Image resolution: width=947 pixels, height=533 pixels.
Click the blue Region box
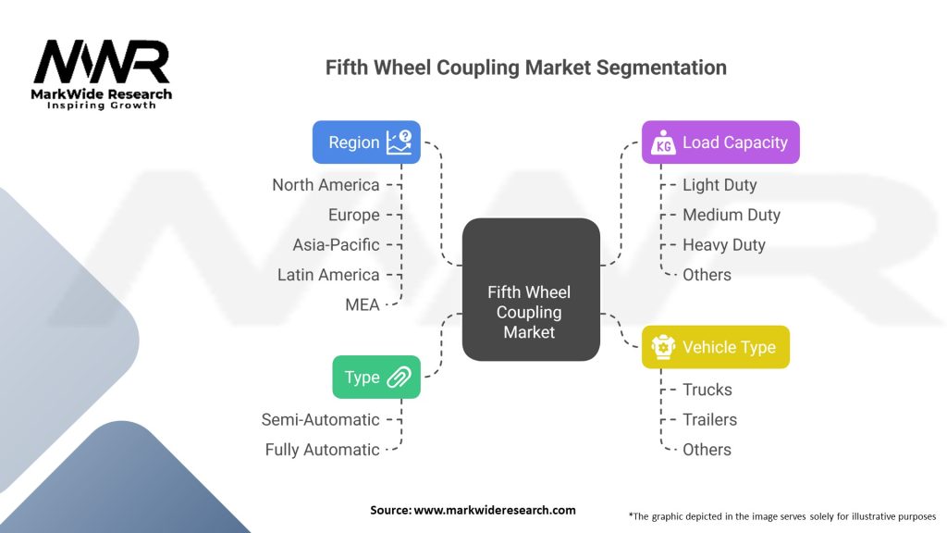pyautogui.click(x=366, y=142)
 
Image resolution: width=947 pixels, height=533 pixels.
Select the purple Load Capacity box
pyautogui.click(x=720, y=142)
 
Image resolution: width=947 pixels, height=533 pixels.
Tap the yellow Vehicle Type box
pyautogui.click(x=716, y=347)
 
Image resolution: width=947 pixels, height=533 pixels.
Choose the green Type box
pyautogui.click(x=376, y=378)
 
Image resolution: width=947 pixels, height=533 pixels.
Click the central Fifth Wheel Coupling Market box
pyautogui.click(x=531, y=290)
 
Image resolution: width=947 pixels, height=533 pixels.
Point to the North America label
pyautogui.click(x=326, y=185)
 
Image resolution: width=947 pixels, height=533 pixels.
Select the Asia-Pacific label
pyautogui.click(x=336, y=244)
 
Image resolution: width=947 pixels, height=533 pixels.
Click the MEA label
pyautogui.click(x=363, y=304)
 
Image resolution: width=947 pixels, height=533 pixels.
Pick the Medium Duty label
pyautogui.click(x=732, y=215)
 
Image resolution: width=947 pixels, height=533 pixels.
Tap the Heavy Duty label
pyautogui.click(x=724, y=244)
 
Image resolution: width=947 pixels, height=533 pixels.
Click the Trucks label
pyautogui.click(x=707, y=390)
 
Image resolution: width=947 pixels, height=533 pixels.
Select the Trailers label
pyautogui.click(x=709, y=419)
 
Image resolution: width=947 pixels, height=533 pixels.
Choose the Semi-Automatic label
pyautogui.click(x=320, y=419)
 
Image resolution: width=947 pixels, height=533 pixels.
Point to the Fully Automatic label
pyautogui.click(x=322, y=450)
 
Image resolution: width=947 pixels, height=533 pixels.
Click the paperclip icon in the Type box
pyautogui.click(x=400, y=378)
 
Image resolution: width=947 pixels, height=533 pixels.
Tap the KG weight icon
pyautogui.click(x=664, y=143)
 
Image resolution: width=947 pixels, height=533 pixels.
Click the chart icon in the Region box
pyautogui.click(x=399, y=142)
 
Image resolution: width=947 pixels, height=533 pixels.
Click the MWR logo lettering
pyautogui.click(x=102, y=62)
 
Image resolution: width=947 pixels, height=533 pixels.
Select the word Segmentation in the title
pyautogui.click(x=661, y=68)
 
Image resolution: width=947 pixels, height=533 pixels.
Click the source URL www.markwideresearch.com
pyautogui.click(x=495, y=510)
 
